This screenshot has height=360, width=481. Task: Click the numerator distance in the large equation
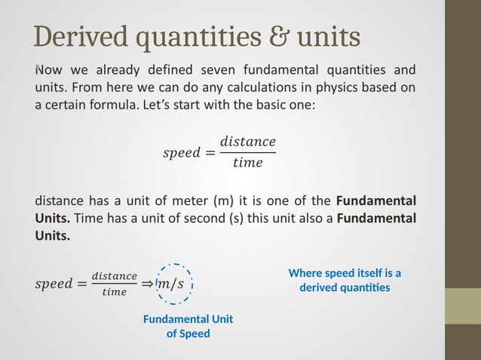(247, 142)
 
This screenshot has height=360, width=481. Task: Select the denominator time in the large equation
(247, 163)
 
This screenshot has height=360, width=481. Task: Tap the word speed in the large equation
(182, 152)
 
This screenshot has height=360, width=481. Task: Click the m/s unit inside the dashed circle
(174, 284)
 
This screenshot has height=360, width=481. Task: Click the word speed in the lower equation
(55, 284)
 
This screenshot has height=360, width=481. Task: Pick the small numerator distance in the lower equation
(114, 276)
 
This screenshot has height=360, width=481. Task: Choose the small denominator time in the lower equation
(114, 292)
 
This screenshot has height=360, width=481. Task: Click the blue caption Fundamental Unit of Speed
(188, 326)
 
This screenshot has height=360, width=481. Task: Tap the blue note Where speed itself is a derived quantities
(344, 280)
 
